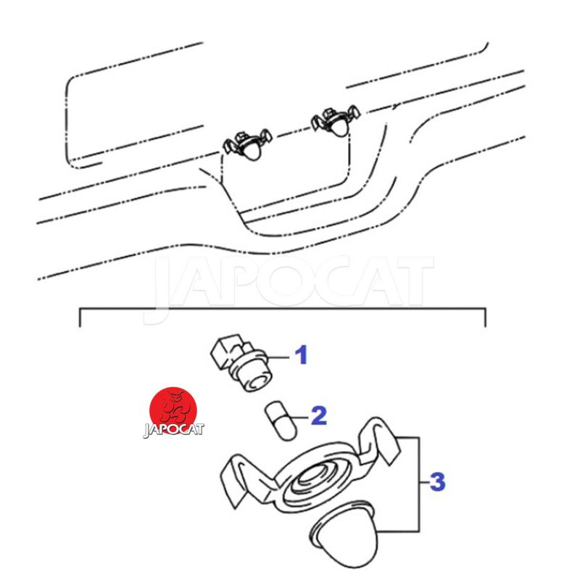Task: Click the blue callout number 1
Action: tap(302, 355)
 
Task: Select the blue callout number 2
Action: tap(319, 415)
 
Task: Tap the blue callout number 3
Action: tap(438, 481)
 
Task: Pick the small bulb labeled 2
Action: tap(281, 420)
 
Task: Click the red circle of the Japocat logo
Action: tap(173, 410)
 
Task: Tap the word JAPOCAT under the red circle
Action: tap(173, 430)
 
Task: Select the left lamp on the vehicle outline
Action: tap(248, 146)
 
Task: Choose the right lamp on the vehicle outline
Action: tap(336, 121)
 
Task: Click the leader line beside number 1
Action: tap(277, 357)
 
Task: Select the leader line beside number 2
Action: tap(300, 418)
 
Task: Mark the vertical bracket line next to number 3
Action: tap(419, 484)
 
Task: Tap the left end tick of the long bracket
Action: tap(80, 318)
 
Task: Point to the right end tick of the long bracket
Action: tap(485, 318)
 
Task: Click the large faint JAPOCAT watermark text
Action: tap(289, 285)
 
